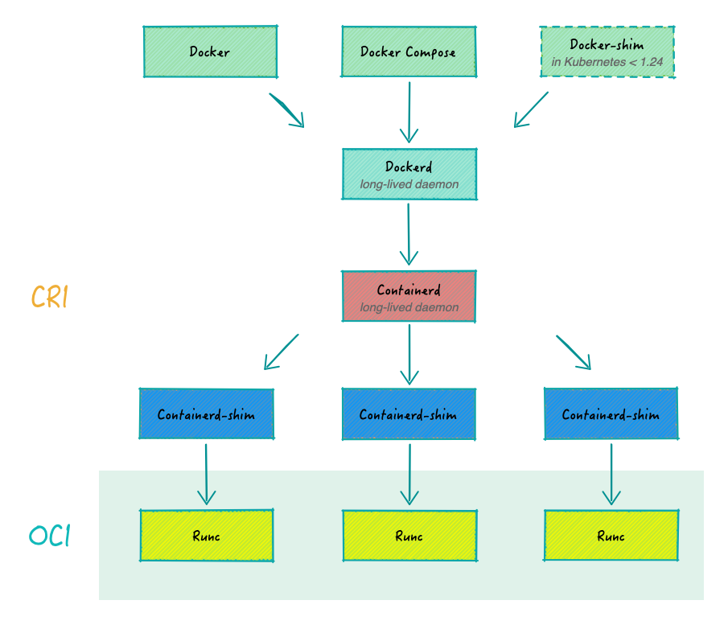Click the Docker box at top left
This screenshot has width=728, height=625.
(x=210, y=51)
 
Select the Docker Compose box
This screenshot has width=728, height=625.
(x=409, y=51)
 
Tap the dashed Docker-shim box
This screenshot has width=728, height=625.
(x=607, y=51)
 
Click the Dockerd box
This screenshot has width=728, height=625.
(x=409, y=174)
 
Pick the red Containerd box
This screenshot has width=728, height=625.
(x=409, y=296)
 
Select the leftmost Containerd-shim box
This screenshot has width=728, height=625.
(x=206, y=414)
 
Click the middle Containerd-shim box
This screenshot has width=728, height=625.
(x=409, y=414)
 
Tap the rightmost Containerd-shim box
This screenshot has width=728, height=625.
(x=611, y=414)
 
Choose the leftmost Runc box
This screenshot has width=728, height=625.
(x=206, y=536)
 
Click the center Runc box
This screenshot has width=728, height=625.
(x=409, y=536)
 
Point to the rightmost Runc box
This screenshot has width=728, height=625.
(x=611, y=536)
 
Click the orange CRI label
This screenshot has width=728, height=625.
(x=50, y=297)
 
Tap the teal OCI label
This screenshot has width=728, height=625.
(x=50, y=537)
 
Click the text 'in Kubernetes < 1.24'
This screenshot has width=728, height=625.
(x=607, y=61)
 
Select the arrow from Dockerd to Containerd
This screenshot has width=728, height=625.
(x=409, y=234)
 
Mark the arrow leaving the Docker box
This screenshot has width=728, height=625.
(x=287, y=110)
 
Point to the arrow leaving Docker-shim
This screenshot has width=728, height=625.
(x=531, y=109)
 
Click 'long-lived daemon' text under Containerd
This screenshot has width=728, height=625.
(x=409, y=307)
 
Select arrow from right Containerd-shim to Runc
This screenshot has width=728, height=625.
(x=611, y=474)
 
